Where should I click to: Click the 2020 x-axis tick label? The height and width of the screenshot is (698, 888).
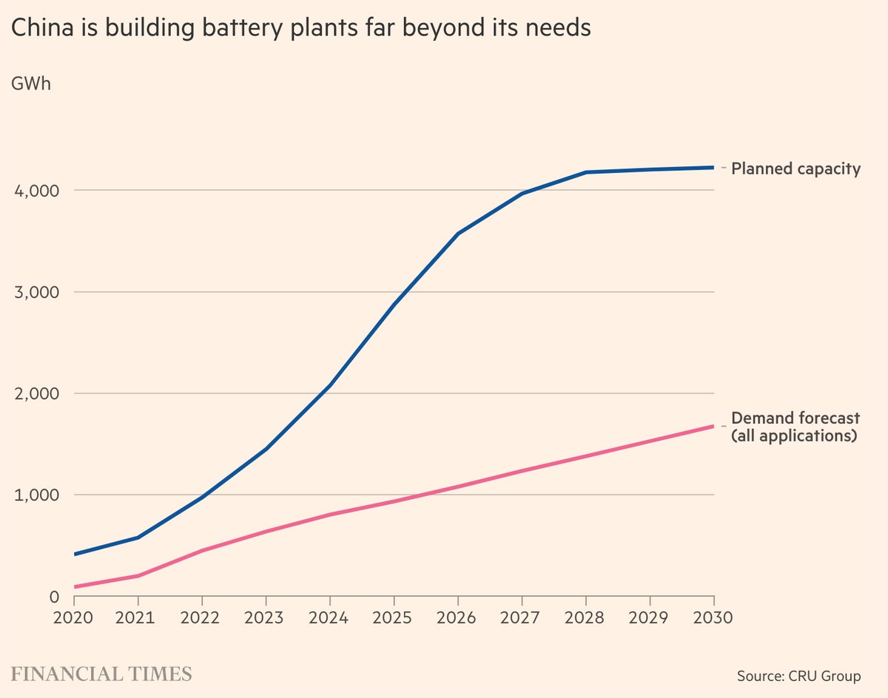74,617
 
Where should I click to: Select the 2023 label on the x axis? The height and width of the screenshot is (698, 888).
266,617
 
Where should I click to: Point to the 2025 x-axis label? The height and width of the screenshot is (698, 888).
394,617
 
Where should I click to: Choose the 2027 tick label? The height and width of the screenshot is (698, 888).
522,617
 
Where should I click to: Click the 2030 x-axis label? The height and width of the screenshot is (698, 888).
713,617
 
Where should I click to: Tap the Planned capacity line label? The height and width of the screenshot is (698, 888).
795,169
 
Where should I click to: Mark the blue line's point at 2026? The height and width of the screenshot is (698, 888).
458,234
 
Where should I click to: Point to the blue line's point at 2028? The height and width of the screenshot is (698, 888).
586,172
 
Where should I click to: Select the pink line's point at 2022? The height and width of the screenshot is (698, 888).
202,551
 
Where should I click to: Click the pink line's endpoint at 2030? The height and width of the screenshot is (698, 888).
713,426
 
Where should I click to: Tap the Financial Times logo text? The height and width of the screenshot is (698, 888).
101,674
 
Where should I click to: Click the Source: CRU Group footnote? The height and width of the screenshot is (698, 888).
798,676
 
